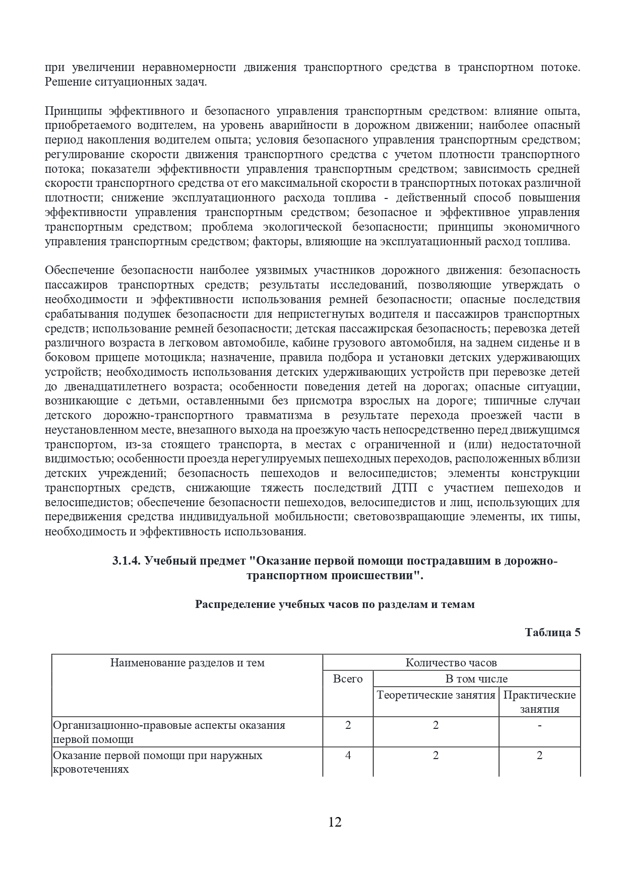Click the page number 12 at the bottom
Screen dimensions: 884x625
[335, 822]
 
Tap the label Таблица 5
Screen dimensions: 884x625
[552, 632]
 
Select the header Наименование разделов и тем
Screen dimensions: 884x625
[187, 662]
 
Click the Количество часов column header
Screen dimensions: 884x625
[451, 662]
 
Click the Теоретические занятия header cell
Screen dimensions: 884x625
[436, 695]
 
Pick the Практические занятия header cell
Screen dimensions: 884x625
[539, 702]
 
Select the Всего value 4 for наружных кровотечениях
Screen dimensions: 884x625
[348, 755]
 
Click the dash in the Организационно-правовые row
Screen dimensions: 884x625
[539, 725]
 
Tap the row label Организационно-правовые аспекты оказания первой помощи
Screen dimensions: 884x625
[169, 732]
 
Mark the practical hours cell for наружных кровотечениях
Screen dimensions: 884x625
[539, 755]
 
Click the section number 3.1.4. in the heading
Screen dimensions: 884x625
[127, 562]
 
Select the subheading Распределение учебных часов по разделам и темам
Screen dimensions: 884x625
[335, 604]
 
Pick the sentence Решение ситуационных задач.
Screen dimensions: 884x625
[126, 82]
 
